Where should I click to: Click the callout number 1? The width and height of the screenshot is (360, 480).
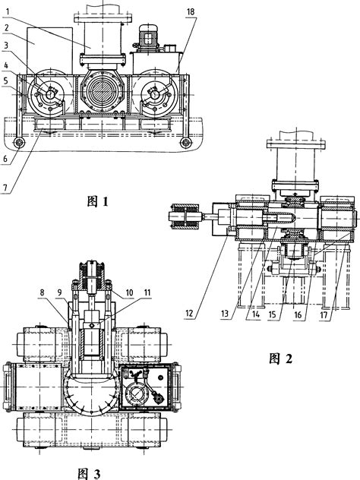[x=8, y=12]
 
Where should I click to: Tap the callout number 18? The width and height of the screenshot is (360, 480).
[x=190, y=12]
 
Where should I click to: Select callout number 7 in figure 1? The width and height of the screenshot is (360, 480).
[x=5, y=188]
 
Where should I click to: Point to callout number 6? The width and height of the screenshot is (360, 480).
[x=5, y=159]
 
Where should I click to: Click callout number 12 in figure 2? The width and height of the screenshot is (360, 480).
[x=189, y=313]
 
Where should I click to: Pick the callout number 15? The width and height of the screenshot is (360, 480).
[x=272, y=314]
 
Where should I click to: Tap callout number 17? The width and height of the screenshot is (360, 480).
[x=324, y=314]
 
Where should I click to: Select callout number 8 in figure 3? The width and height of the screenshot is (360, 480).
[x=43, y=292]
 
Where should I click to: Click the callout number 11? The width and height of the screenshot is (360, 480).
[x=147, y=292]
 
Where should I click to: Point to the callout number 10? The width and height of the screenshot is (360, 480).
[x=129, y=292]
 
